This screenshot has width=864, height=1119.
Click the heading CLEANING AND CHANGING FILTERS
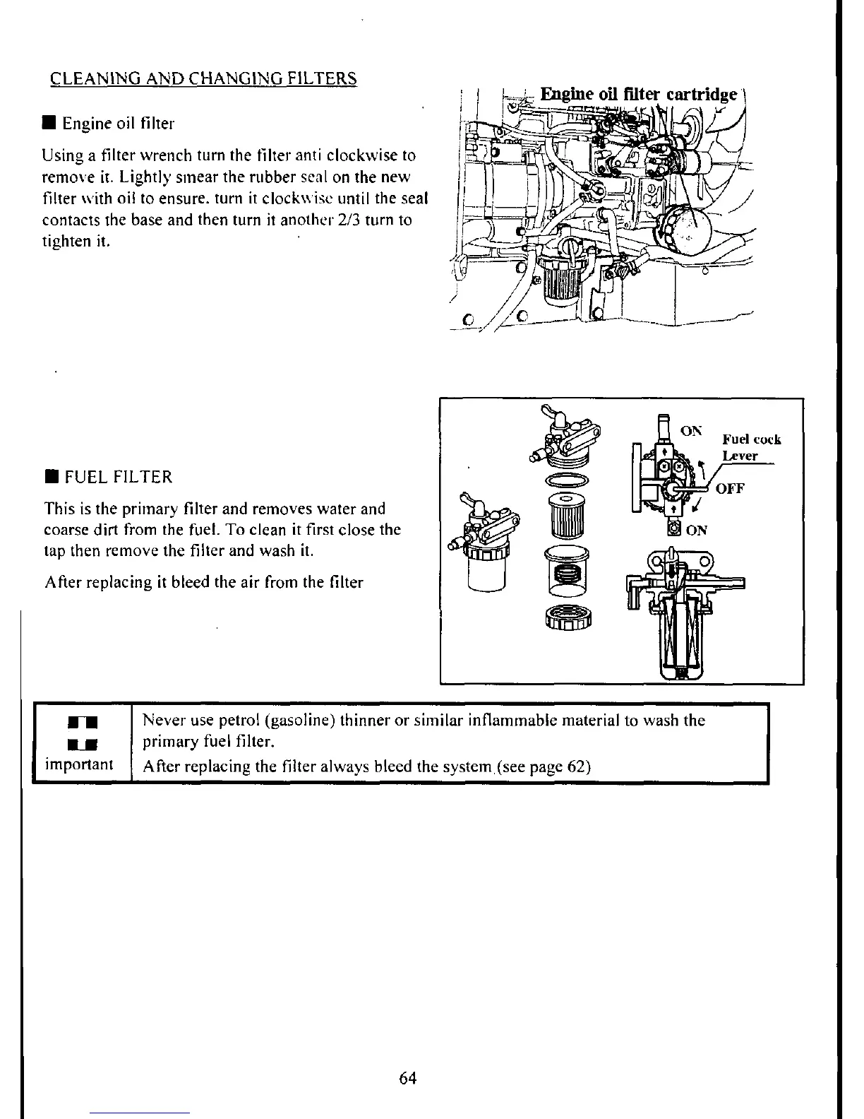pos(204,78)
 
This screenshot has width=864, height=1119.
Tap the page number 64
pos(408,1077)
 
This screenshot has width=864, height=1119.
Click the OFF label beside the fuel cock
pos(731,488)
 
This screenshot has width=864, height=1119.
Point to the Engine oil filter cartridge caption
pos(639,95)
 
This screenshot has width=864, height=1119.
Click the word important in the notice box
pos(79,765)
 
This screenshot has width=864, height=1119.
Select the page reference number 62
pos(577,766)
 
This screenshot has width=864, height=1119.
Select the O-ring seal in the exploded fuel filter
pos(566,480)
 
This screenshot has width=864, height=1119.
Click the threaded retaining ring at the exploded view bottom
pos(568,618)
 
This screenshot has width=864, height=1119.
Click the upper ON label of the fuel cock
pos(691,430)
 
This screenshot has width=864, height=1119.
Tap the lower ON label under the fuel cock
pos(696,531)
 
